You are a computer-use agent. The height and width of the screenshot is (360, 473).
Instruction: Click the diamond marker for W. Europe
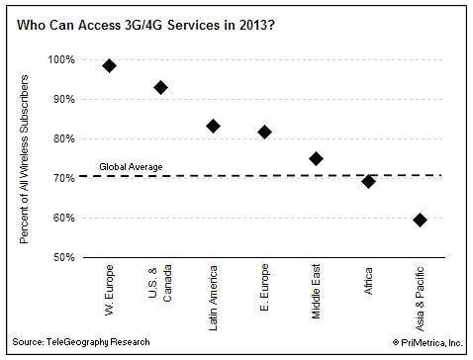click(109, 65)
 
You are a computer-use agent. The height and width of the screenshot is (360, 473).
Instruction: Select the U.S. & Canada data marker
click(160, 87)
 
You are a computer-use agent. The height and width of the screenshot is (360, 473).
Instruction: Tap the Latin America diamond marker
click(213, 126)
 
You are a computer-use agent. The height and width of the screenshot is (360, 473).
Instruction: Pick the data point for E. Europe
click(264, 133)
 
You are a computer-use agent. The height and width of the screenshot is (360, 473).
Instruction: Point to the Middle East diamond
click(316, 158)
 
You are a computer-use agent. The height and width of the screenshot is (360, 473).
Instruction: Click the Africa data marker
click(368, 181)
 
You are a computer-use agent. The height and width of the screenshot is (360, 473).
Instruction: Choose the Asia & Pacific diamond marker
click(420, 220)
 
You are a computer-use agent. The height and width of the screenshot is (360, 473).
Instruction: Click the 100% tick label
click(61, 59)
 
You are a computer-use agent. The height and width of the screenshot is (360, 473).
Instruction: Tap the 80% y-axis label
click(64, 138)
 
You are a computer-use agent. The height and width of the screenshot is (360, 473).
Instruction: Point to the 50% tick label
click(64, 257)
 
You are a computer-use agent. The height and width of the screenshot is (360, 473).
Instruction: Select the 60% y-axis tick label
click(64, 218)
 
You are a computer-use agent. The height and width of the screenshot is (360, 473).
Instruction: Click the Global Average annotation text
click(131, 167)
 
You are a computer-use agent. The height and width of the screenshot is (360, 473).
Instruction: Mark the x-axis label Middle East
click(316, 291)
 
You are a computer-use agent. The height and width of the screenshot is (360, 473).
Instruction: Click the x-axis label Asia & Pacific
click(420, 299)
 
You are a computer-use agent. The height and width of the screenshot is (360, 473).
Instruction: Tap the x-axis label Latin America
click(213, 298)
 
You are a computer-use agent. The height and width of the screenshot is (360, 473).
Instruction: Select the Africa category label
click(368, 281)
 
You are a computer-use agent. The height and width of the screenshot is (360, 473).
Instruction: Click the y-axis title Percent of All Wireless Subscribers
click(24, 159)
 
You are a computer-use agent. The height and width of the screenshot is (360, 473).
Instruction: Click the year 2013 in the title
click(256, 25)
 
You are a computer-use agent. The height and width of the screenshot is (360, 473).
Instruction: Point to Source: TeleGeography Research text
click(81, 342)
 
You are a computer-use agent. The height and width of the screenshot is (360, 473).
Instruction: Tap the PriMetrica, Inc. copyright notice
click(427, 343)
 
